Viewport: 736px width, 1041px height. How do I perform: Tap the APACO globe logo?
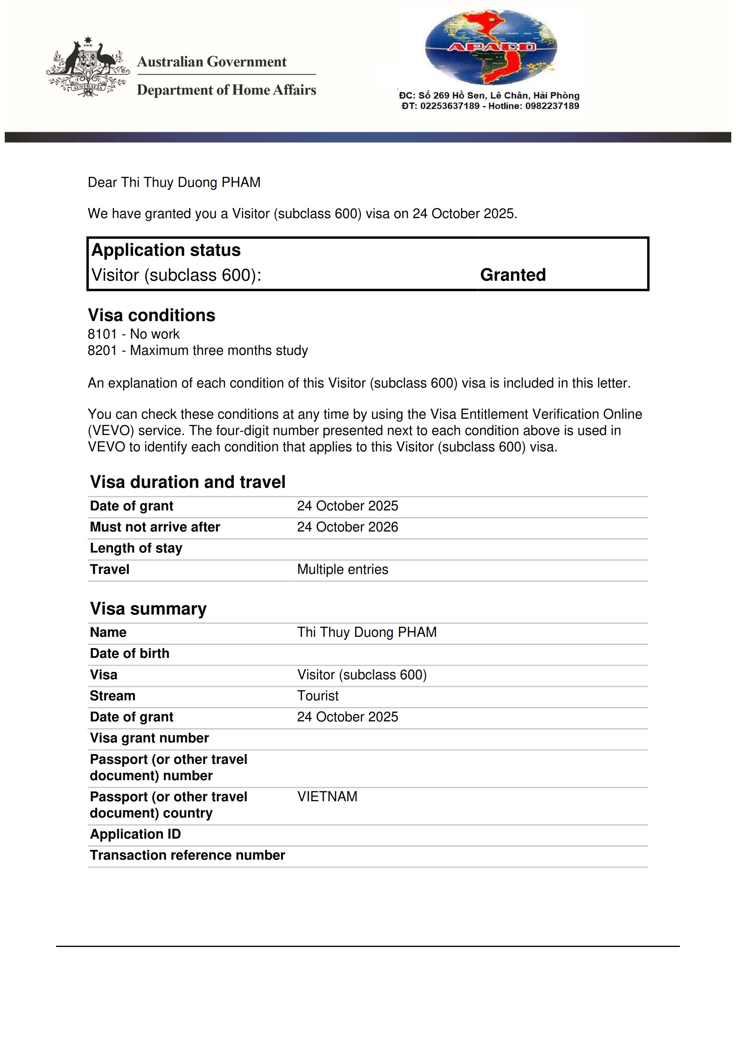491,47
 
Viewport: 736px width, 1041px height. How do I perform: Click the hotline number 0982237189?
552,106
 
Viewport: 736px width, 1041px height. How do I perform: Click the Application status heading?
166,250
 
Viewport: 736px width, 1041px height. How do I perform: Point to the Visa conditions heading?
151,315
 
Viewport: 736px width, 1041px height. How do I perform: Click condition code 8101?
102,334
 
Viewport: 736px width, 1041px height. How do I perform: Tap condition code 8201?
102,350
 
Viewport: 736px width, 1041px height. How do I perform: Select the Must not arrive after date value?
347,527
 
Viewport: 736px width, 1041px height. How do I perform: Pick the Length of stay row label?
136,548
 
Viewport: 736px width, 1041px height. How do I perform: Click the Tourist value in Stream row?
318,696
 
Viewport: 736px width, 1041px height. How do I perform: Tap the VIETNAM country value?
327,796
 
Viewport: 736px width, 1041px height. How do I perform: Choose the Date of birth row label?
130,653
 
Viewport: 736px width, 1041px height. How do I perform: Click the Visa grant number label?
149,738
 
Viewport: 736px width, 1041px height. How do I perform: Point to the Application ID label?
135,834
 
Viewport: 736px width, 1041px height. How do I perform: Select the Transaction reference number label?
187,855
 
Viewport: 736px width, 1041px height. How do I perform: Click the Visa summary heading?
148,608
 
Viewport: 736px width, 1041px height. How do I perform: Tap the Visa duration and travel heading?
188,482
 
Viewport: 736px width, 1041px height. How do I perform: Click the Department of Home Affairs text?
226,90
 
